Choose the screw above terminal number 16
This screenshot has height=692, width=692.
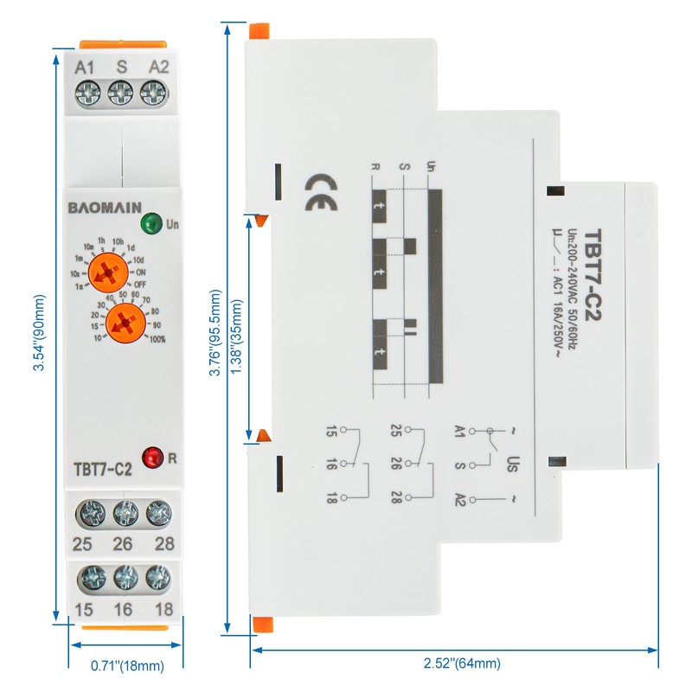click(124, 575)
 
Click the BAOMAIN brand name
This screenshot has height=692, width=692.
click(100, 208)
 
